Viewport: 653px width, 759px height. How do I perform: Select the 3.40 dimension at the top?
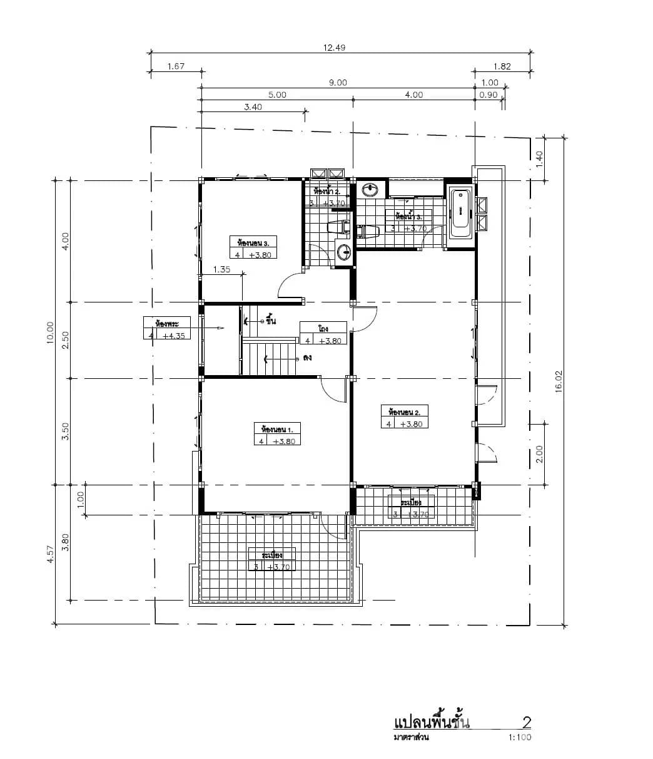coord(252,106)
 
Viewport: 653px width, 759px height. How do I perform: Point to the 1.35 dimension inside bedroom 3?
coord(222,270)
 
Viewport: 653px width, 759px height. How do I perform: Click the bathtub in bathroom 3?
coord(461,213)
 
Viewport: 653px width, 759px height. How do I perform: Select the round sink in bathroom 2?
coord(343,252)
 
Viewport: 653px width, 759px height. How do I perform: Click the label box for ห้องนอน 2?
coord(404,417)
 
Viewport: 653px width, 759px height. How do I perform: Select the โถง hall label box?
coord(323,334)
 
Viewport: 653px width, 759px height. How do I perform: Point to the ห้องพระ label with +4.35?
coord(167,329)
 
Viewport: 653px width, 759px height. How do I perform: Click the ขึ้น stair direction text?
coord(270,321)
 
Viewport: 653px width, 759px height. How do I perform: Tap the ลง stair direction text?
coord(306,359)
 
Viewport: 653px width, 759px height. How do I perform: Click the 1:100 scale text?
coord(520,738)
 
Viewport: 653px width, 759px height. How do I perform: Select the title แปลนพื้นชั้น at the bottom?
coord(432,723)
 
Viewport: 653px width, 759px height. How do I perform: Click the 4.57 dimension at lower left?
coord(50,555)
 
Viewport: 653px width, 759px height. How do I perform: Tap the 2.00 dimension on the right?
coord(539,453)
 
